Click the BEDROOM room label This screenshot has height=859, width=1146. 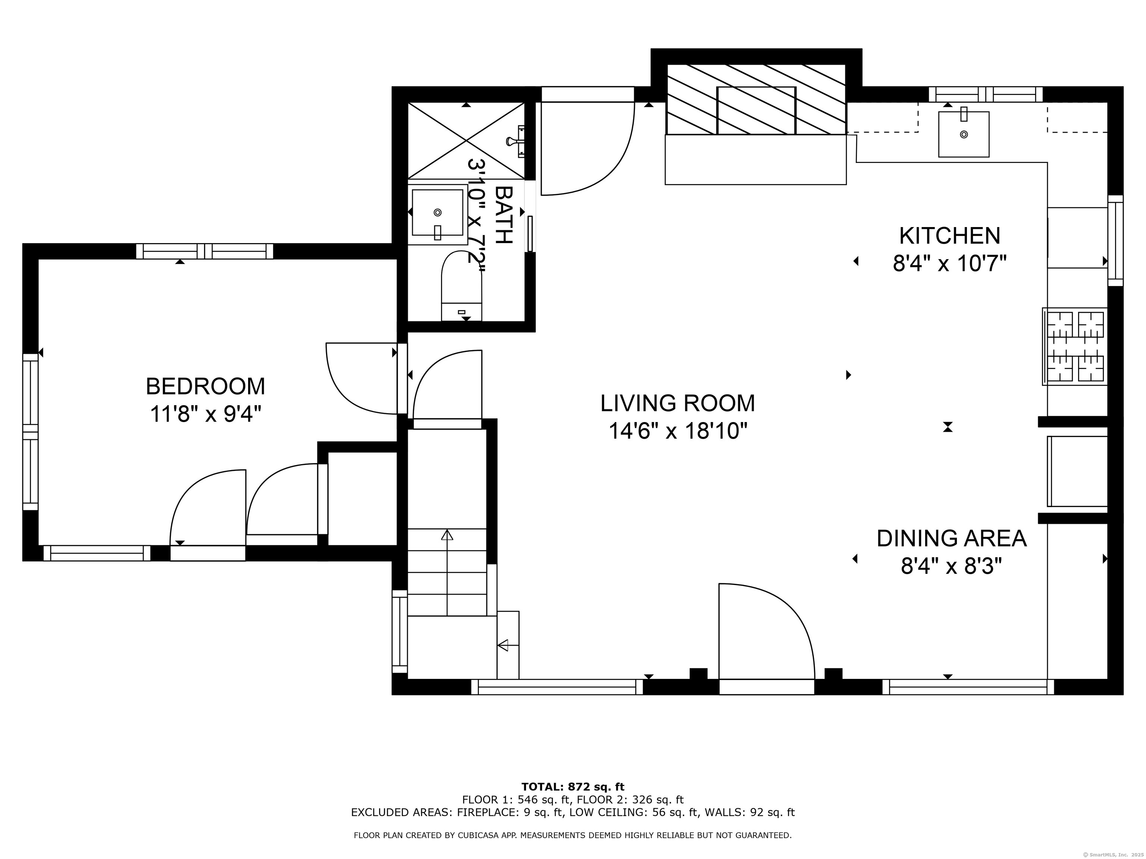(x=205, y=386)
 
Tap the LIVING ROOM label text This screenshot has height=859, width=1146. (x=678, y=403)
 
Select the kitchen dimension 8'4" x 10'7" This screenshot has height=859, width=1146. (x=950, y=264)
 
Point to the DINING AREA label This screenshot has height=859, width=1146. (x=951, y=538)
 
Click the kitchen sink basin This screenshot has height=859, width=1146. (x=964, y=134)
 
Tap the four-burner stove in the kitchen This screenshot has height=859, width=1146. (x=1075, y=347)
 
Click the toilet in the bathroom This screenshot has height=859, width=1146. (x=461, y=286)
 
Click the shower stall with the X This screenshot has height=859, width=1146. (x=466, y=140)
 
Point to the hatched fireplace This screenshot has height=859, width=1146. (x=756, y=100)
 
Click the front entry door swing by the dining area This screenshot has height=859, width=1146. (x=766, y=632)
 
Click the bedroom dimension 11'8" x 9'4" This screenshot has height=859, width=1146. (x=205, y=414)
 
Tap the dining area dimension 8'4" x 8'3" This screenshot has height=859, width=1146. (x=951, y=566)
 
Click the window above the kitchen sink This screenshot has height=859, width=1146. (x=985, y=94)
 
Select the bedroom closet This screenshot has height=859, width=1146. (x=363, y=498)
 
